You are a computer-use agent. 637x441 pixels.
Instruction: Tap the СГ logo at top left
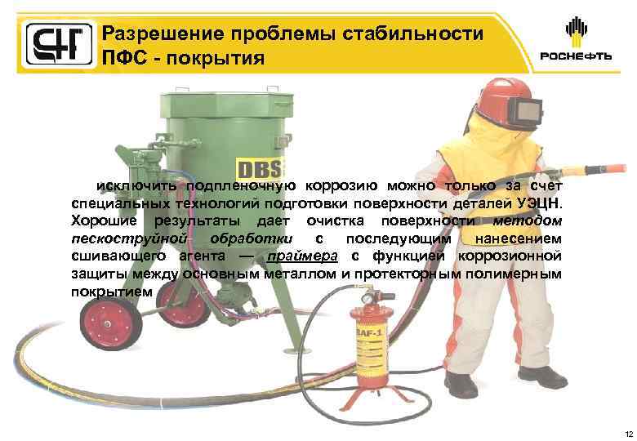(51, 43)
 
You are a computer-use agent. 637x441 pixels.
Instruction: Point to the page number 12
(626, 432)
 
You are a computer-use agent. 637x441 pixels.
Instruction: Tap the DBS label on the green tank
(259, 169)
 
